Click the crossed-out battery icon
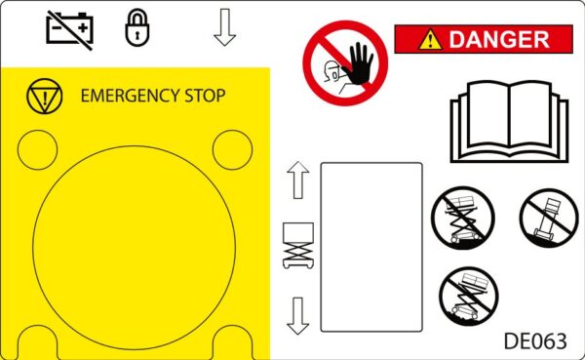[69, 30]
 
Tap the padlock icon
[136, 28]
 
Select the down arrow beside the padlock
[224, 27]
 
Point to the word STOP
[205, 96]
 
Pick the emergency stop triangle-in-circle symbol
[45, 96]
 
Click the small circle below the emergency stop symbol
[37, 149]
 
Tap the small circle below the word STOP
[232, 149]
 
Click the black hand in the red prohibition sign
[359, 63]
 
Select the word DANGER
[499, 40]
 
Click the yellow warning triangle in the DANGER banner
[430, 40]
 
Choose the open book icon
[509, 121]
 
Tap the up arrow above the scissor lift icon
[298, 180]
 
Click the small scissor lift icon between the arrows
[298, 245]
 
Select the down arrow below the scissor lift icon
[297, 316]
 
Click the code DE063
[535, 340]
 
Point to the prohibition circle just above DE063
[469, 297]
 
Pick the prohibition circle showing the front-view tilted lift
[549, 219]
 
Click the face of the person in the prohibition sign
[332, 71]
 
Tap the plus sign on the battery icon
[83, 27]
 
